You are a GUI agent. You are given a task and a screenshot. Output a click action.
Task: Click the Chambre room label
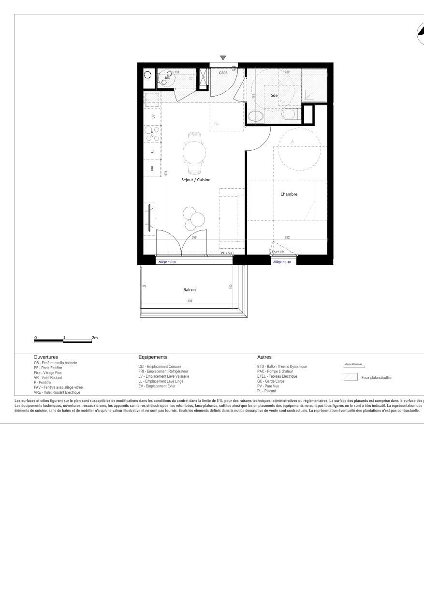[289, 194]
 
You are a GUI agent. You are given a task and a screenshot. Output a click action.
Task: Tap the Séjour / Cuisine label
[196, 180]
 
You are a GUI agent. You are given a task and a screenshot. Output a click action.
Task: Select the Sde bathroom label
[274, 96]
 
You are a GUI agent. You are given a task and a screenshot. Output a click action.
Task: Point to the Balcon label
[190, 290]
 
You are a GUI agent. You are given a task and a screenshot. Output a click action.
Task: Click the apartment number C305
[223, 73]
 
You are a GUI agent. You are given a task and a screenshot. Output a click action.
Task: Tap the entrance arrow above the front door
[223, 58]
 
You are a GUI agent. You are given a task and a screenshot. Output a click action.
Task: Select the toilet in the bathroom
[289, 114]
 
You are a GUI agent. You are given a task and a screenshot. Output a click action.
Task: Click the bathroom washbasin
[255, 116]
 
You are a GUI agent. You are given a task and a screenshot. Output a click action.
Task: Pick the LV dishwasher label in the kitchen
[153, 117]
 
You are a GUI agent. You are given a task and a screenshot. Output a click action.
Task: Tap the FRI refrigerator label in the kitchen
[152, 168]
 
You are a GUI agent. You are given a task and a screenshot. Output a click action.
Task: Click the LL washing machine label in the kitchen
[153, 151]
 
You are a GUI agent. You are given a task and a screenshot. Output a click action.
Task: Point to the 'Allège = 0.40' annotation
[282, 262]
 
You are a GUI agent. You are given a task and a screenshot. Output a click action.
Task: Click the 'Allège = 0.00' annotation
[167, 262]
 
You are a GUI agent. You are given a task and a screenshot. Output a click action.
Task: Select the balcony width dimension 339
[190, 301]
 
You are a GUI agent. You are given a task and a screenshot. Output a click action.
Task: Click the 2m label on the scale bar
[95, 338]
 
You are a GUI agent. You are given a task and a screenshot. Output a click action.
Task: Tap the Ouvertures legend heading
[46, 357]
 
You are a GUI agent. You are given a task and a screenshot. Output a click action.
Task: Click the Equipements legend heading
[153, 357]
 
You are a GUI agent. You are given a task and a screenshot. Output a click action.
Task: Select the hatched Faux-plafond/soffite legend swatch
[351, 377]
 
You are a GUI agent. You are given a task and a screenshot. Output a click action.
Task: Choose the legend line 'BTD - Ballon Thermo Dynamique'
[282, 367]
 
